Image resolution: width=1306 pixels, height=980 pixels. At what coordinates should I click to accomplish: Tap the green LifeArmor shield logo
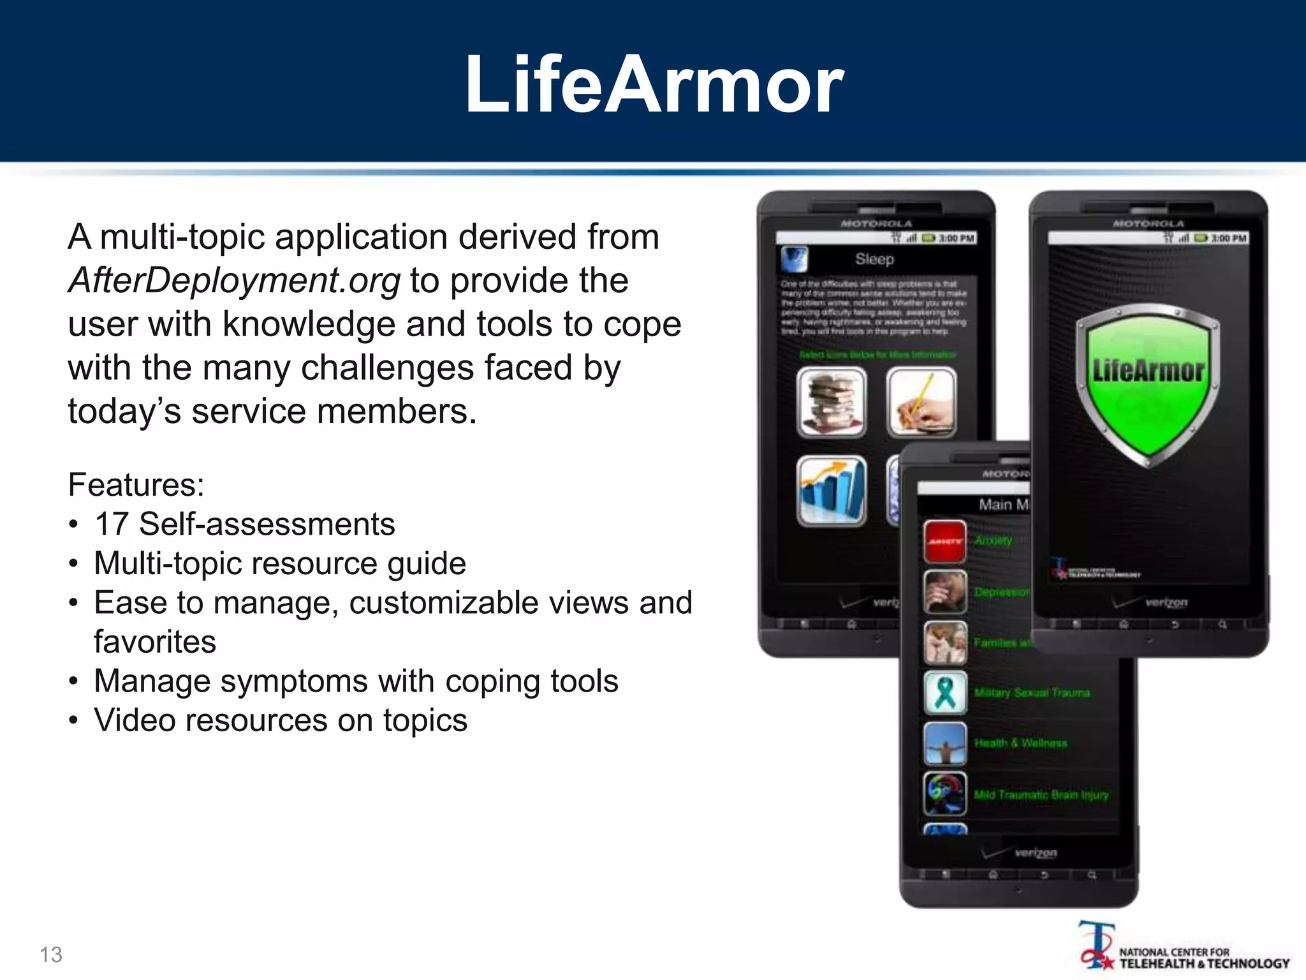pyautogui.click(x=1147, y=383)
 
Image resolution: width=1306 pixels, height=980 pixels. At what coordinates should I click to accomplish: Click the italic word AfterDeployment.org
pyautogui.click(x=234, y=281)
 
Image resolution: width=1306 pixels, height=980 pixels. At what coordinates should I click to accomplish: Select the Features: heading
pyautogui.click(x=136, y=485)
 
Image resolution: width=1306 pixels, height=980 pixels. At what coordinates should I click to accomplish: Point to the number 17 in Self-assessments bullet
pyautogui.click(x=112, y=524)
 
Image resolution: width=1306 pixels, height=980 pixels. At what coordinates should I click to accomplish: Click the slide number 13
pyautogui.click(x=51, y=954)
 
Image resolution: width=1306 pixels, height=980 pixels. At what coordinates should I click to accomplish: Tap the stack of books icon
pyautogui.click(x=832, y=403)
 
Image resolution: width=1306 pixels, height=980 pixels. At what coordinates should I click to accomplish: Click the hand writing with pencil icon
pyautogui.click(x=921, y=403)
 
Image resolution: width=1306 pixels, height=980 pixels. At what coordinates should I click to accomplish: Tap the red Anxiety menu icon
pyautogui.click(x=945, y=541)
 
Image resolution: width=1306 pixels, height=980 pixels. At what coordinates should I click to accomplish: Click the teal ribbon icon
pyautogui.click(x=945, y=692)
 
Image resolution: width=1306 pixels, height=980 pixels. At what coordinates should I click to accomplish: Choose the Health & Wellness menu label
pyautogui.click(x=1020, y=743)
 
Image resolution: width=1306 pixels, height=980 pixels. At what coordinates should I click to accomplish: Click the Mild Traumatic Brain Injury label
pyautogui.click(x=1041, y=795)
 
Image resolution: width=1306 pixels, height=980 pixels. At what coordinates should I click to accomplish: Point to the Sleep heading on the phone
pyautogui.click(x=874, y=259)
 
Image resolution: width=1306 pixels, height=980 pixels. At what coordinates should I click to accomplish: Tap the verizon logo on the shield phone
pyautogui.click(x=1166, y=602)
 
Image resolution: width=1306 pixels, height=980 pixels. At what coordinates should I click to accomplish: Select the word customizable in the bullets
pyautogui.click(x=444, y=603)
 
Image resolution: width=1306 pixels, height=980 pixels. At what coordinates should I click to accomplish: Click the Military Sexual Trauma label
pyautogui.click(x=1032, y=693)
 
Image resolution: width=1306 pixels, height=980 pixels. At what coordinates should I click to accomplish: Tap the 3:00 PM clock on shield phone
pyautogui.click(x=1228, y=238)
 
